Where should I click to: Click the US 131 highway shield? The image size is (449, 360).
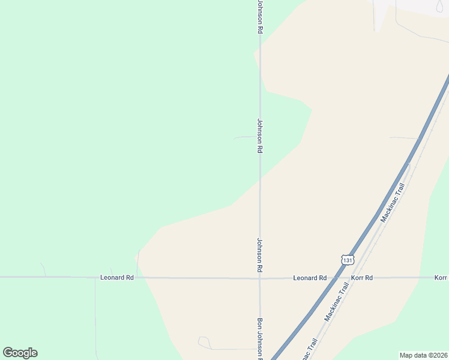click(347, 259)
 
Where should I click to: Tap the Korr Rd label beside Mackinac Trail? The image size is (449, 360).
click(361, 278)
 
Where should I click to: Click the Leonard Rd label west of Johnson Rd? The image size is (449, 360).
click(116, 277)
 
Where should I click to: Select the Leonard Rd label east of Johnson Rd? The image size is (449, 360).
click(310, 278)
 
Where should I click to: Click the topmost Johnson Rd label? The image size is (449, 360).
click(260, 16)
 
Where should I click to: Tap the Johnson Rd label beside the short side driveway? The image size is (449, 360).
click(260, 135)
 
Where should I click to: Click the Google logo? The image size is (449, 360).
click(20, 353)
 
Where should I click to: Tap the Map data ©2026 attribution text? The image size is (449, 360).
click(423, 355)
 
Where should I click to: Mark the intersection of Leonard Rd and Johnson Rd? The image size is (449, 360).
click(260, 278)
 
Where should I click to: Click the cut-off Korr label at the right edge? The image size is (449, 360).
click(441, 278)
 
